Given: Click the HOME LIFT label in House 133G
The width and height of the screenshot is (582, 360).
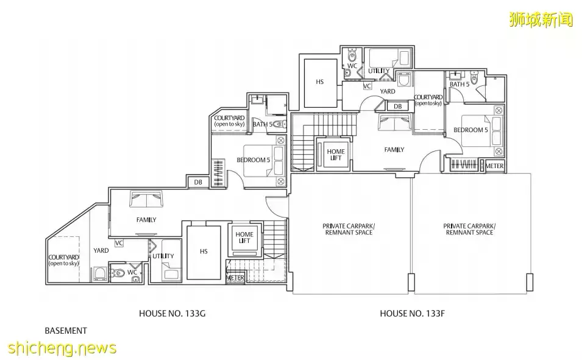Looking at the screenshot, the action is pyautogui.click(x=244, y=238).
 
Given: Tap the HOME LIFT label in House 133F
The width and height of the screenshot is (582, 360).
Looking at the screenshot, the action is pyautogui.click(x=336, y=154).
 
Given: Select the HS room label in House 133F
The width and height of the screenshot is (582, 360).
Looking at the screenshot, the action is pyautogui.click(x=320, y=82).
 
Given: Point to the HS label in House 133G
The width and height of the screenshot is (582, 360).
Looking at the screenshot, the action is pyautogui.click(x=204, y=251).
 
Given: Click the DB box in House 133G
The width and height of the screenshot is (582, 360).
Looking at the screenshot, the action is pyautogui.click(x=198, y=182).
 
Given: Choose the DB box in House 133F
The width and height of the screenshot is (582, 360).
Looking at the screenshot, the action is pyautogui.click(x=397, y=106).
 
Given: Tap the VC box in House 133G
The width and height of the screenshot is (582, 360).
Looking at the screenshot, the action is pyautogui.click(x=119, y=243).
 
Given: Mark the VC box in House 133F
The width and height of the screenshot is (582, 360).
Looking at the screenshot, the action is pyautogui.click(x=367, y=86).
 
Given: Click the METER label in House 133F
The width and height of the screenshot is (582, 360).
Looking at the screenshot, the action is pyautogui.click(x=494, y=166).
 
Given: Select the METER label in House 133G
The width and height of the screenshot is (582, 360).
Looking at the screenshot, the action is pyautogui.click(x=235, y=278).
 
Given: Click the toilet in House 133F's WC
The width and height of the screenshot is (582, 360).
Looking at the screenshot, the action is pyautogui.click(x=352, y=57).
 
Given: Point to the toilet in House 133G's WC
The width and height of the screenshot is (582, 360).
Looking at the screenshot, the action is pyautogui.click(x=117, y=273).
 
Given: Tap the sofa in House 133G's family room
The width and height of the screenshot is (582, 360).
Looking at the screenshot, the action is pyautogui.click(x=146, y=199).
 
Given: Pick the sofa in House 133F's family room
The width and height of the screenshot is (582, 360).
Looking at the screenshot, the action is pyautogui.click(x=394, y=122).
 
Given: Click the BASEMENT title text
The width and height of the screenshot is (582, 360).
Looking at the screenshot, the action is pyautogui.click(x=66, y=331).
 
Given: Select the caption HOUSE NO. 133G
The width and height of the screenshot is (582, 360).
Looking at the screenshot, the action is pyautogui.click(x=172, y=314).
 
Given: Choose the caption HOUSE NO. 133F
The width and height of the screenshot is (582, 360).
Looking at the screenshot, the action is pyautogui.click(x=412, y=314).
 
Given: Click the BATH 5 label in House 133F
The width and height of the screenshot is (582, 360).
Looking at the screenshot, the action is pyautogui.click(x=460, y=84).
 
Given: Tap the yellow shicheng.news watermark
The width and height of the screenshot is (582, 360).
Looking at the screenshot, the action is pyautogui.click(x=62, y=348).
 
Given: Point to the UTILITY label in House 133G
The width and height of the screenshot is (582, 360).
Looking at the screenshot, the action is pyautogui.click(x=163, y=256).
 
